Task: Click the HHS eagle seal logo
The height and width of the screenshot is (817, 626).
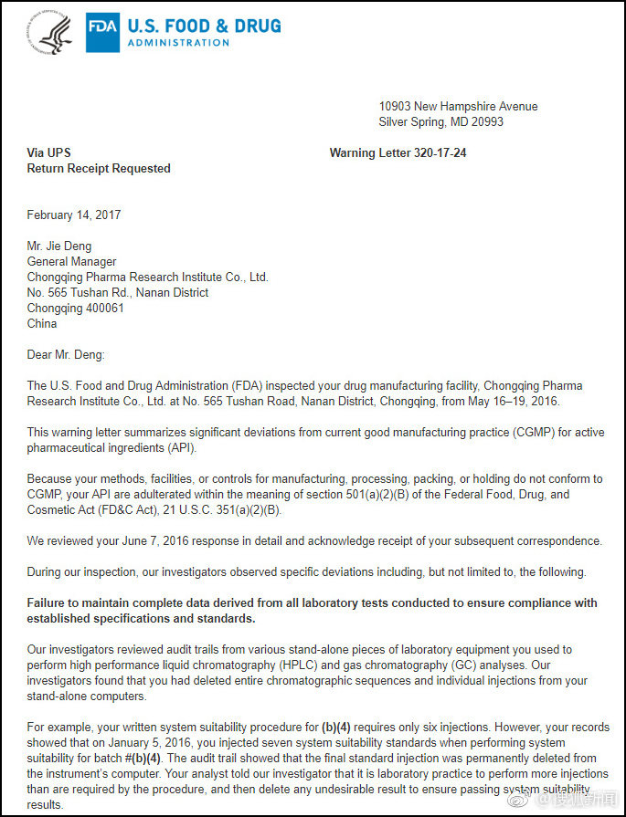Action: [x=51, y=34]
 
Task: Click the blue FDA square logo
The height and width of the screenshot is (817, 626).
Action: [x=101, y=34]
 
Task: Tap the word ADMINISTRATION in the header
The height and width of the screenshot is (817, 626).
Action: [x=178, y=43]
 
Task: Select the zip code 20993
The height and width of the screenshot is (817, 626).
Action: [x=485, y=122]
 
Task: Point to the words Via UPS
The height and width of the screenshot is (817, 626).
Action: [x=48, y=153]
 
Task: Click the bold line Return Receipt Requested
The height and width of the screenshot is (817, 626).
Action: [x=99, y=169]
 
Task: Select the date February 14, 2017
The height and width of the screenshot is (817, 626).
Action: [x=74, y=215]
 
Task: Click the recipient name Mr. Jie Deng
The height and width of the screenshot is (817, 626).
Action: [x=59, y=246]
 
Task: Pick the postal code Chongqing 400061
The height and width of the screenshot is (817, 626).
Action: [x=76, y=309]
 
